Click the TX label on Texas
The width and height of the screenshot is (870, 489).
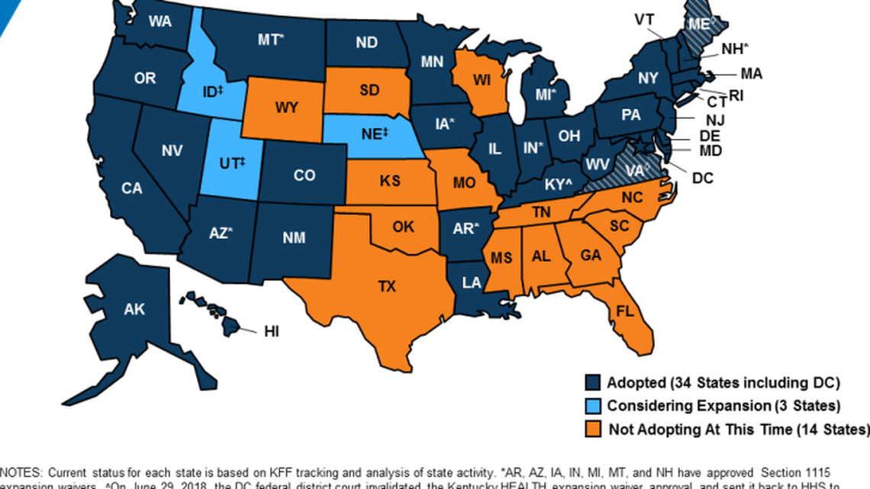(388, 286)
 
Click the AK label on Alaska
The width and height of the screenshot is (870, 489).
(134, 309)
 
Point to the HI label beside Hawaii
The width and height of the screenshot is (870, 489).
(271, 331)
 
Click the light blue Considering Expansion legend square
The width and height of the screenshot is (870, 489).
(592, 405)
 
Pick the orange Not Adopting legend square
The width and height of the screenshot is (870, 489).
(592, 429)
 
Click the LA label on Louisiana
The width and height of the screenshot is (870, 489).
(471, 283)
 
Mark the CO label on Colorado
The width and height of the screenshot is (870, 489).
(304, 175)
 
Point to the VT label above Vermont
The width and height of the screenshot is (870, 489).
(643, 18)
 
